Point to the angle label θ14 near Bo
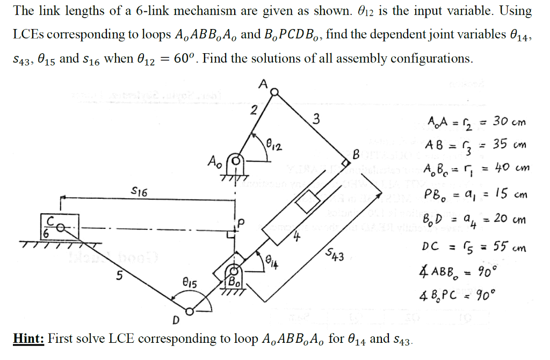tap(273, 262)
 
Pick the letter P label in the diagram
tap(241, 221)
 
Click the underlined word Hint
tap(27, 339)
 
